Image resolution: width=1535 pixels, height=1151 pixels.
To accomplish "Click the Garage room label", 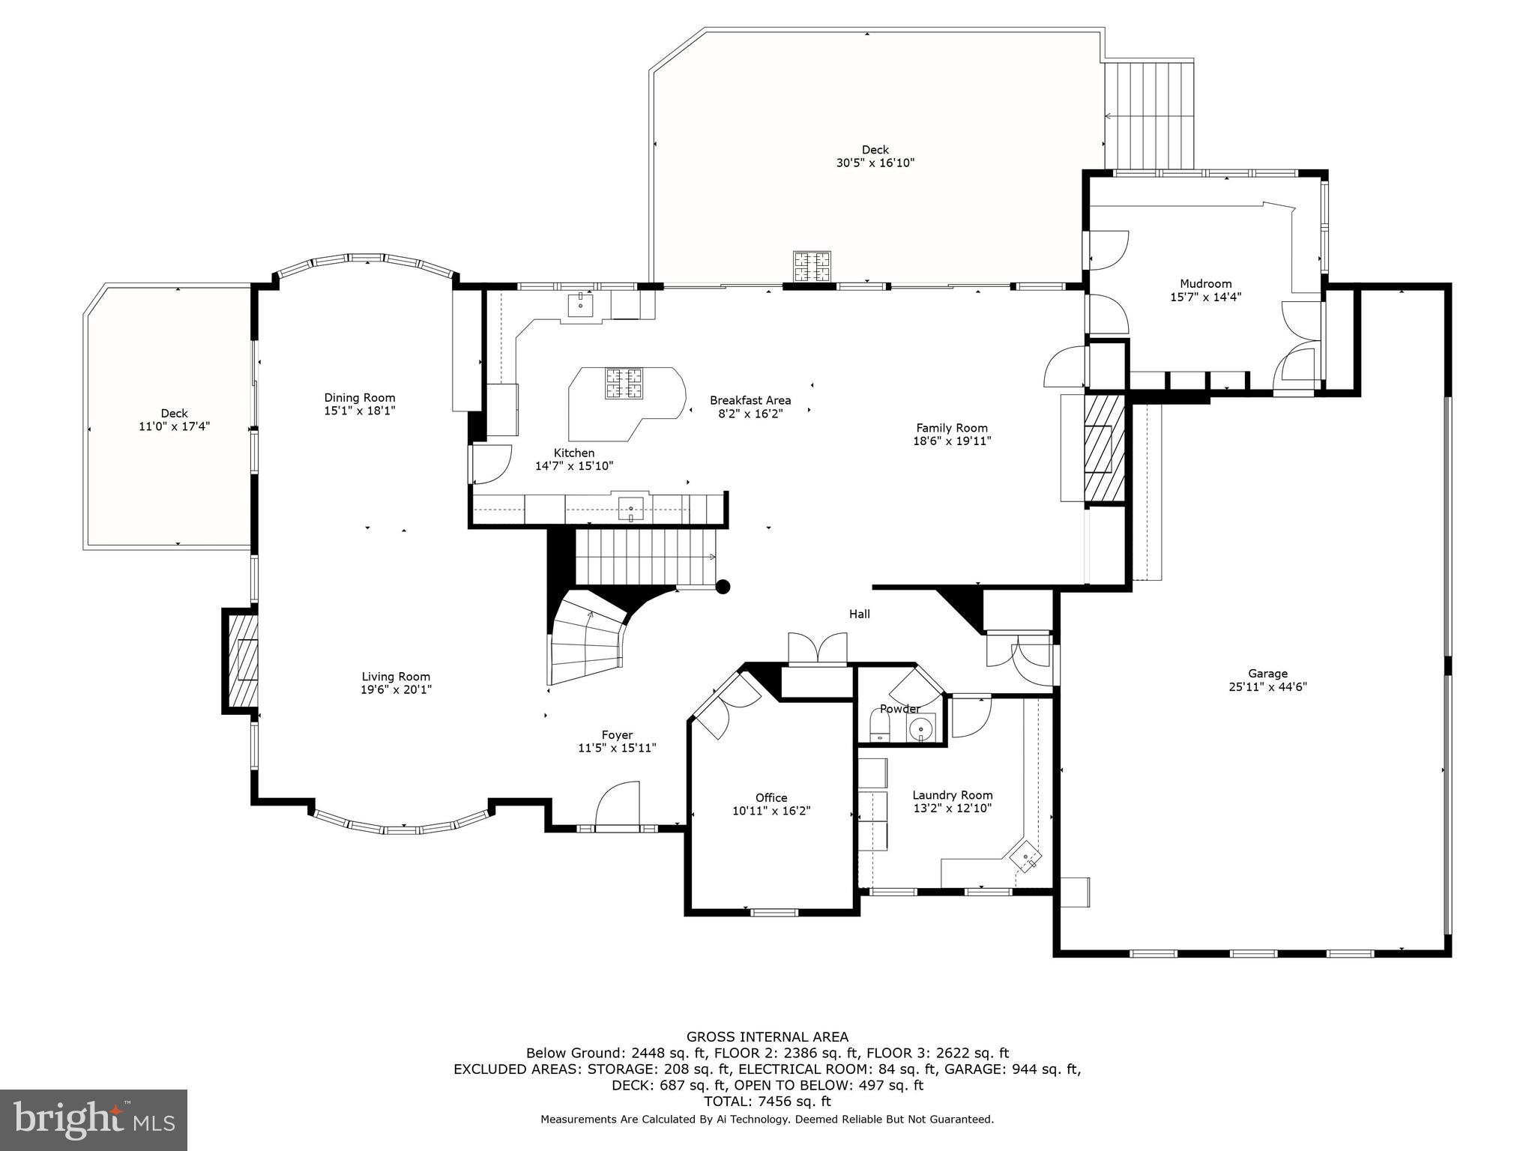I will pos(1267,673).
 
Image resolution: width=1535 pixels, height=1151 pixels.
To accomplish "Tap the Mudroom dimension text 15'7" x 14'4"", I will pos(1206,297).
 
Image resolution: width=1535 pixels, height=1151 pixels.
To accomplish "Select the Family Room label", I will pos(952,428).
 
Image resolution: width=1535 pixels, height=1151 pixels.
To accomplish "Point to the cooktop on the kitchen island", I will pos(624,384).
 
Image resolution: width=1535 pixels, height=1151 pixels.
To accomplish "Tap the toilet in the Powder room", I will pos(878,725).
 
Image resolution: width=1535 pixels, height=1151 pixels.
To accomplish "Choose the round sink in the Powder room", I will pos(920,727).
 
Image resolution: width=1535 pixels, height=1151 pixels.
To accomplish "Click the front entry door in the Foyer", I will pos(617,807).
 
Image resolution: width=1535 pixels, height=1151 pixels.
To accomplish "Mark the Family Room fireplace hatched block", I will pos(1104,448).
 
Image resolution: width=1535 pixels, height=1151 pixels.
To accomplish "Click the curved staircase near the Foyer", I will pos(587,641).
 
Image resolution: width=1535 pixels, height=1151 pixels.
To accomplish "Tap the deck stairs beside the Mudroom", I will pos(1149,116).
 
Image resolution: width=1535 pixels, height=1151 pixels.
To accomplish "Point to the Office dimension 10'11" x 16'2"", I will pos(771,811).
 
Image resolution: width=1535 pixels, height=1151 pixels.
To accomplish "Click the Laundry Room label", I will pos(952,795).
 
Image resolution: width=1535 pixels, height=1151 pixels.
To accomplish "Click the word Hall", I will pos(859,614).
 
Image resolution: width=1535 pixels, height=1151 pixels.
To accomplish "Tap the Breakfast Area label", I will pos(750,400).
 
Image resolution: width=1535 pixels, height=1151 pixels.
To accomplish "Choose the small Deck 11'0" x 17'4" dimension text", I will pos(174,426).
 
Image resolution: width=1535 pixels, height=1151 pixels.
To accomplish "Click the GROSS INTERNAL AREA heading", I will pos(767,1037).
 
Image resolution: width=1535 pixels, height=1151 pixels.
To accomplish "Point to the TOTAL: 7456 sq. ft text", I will pos(767,1102).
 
